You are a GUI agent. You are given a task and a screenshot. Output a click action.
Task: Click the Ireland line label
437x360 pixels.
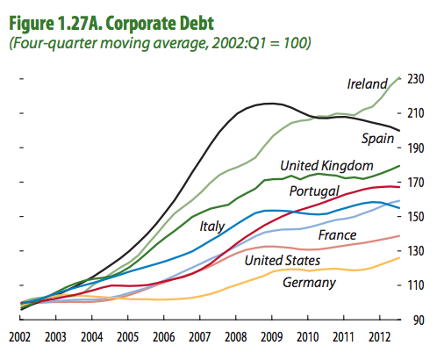pyautogui.click(x=367, y=84)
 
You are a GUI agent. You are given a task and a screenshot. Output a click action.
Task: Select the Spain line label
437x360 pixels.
pyautogui.click(x=378, y=139)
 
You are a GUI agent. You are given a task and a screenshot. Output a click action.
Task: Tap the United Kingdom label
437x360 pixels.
pyautogui.click(x=326, y=165)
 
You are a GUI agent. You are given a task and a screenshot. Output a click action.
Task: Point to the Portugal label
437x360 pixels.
pyautogui.click(x=314, y=191)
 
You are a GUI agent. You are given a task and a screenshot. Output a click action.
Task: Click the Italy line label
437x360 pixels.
pyautogui.click(x=213, y=226)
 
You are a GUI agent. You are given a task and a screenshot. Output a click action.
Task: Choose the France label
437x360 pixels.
pyautogui.click(x=337, y=235)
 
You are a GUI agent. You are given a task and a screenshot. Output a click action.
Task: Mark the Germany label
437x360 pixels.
pyautogui.click(x=309, y=282)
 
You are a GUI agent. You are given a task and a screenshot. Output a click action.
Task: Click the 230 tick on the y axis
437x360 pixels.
pyautogui.click(x=416, y=79)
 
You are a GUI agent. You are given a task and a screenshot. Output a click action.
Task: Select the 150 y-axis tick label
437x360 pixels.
pyautogui.click(x=416, y=217)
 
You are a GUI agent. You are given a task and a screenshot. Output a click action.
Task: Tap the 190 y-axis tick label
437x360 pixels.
pyautogui.click(x=416, y=148)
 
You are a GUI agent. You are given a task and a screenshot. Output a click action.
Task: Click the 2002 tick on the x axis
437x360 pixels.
pyautogui.click(x=19, y=337)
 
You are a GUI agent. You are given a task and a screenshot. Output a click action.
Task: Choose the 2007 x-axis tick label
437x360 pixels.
pyautogui.click(x=199, y=337)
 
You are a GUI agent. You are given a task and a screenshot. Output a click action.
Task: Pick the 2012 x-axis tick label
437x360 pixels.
pyautogui.click(x=379, y=337)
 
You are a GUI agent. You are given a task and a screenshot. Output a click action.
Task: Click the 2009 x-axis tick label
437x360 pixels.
pyautogui.click(x=271, y=337)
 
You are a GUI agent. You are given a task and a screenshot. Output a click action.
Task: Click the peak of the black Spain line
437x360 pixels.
pyautogui.click(x=267, y=104)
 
